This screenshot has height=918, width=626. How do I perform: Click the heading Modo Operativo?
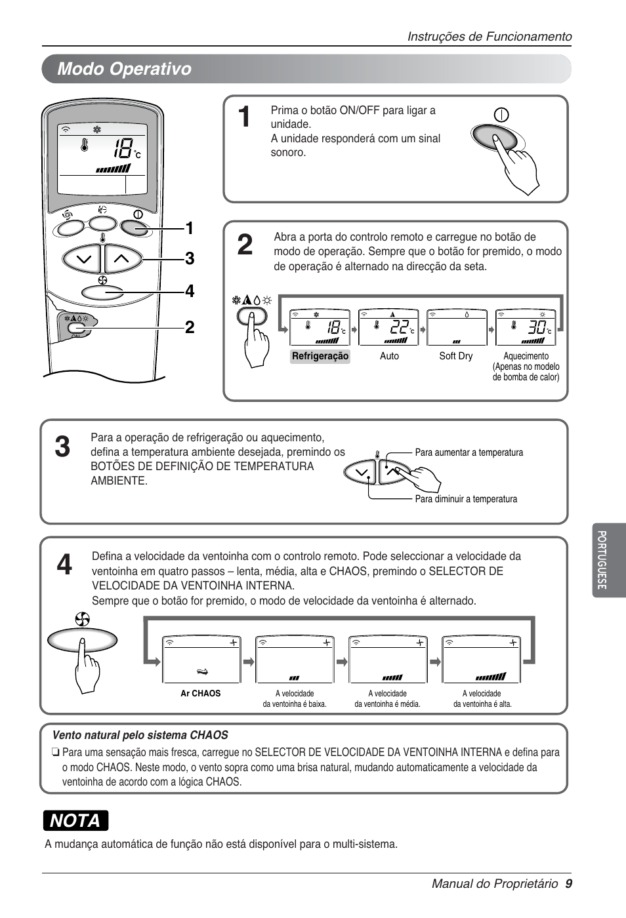pos(124,69)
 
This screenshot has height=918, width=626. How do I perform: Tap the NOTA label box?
pos(75,820)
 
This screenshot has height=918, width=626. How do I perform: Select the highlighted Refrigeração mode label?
pos(320,356)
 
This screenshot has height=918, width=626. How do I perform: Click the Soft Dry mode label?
pos(455,356)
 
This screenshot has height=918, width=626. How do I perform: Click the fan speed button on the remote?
pos(102,292)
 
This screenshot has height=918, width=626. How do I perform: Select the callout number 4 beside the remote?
pos(190,291)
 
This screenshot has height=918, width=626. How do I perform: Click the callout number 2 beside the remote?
pos(190,327)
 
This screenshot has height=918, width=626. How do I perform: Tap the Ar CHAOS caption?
pos(201,693)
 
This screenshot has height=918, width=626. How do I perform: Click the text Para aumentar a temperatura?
pos(469,452)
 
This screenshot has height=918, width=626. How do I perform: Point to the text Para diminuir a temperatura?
pos(466,499)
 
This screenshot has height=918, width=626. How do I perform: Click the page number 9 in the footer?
pos(568,883)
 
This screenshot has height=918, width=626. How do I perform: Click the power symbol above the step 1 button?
pos(501,115)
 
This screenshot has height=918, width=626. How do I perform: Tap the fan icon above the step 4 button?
pos(82,619)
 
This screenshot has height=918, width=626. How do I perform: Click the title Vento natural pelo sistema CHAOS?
pos(140,735)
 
